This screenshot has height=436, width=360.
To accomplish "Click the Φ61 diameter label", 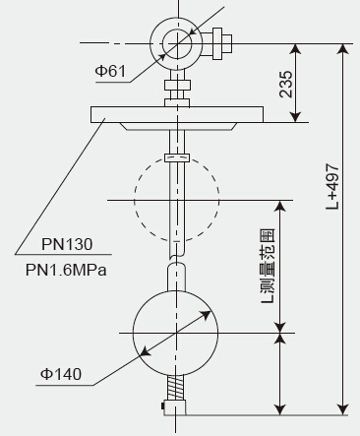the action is (110, 71).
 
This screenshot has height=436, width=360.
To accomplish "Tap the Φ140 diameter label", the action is (61, 374).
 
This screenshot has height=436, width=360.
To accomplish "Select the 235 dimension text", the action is (286, 84).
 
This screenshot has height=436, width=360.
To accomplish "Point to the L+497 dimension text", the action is (332, 187).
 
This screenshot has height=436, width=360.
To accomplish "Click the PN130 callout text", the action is (67, 244).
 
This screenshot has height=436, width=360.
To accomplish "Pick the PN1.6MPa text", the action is (66, 271).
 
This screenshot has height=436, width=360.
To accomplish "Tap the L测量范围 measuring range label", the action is (268, 266).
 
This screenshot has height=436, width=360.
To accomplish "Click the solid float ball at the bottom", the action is (176, 333).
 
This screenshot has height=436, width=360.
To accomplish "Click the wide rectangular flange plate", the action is (177, 114).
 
